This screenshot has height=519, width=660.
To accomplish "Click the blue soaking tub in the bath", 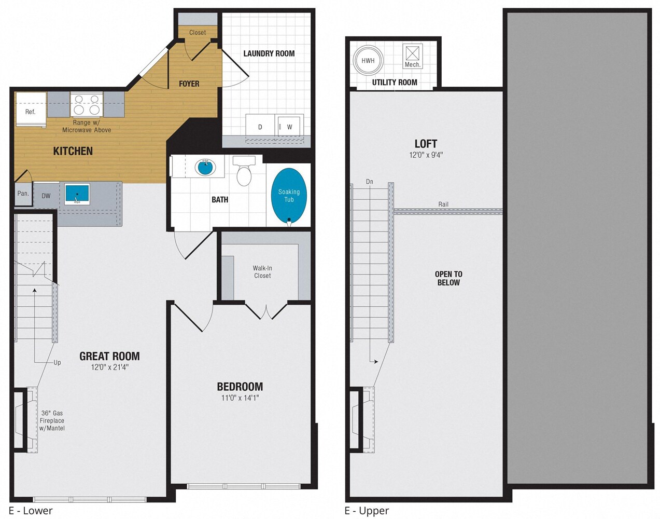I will [x=289, y=196].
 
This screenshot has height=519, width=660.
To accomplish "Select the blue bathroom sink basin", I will [x=205, y=168].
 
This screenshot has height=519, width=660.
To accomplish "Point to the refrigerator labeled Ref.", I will [x=31, y=110].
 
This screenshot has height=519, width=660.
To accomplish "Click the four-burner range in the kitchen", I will [x=86, y=104].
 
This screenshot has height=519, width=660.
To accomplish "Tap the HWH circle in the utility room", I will [x=368, y=61].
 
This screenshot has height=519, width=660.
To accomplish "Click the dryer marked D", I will [x=260, y=127].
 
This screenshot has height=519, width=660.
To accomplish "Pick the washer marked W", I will [x=289, y=127].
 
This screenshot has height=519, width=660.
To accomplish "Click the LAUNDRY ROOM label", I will [x=269, y=53].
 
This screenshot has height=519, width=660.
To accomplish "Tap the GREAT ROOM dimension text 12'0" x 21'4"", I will [x=109, y=367].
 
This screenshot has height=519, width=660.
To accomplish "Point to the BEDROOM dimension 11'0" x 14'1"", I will [x=240, y=398].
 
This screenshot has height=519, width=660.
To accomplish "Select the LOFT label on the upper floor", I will [x=426, y=144].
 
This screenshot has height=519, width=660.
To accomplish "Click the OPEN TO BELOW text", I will [x=448, y=278].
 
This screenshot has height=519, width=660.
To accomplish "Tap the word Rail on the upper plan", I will [x=443, y=204].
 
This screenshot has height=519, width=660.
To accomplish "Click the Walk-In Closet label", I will [x=262, y=272].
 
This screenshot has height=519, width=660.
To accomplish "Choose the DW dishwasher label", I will [x=46, y=196].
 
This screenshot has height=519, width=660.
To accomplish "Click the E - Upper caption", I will [x=367, y=511].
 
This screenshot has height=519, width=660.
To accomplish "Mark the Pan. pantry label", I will [x=23, y=193].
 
